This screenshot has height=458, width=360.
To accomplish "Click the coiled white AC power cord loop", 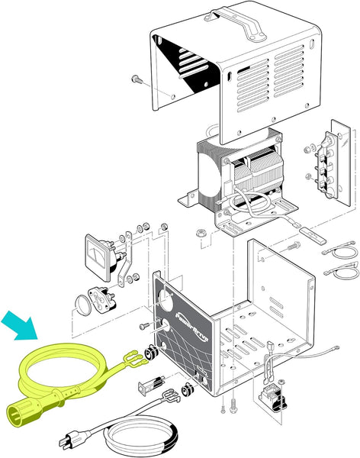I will pos(142,438).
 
